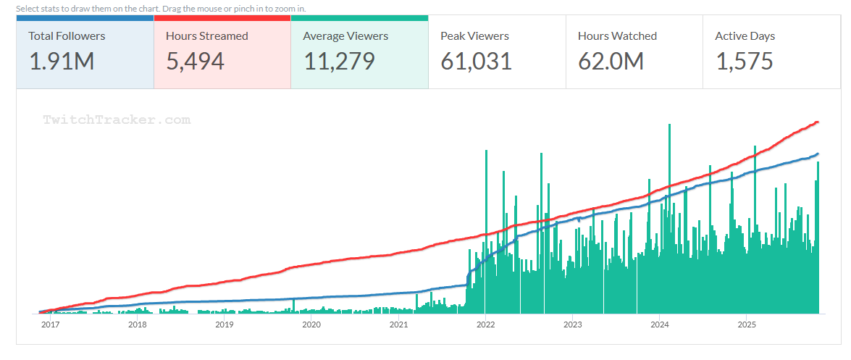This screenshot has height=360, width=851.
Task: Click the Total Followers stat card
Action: pyautogui.click(x=85, y=51)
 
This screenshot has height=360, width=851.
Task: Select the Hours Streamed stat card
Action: pyautogui.click(x=222, y=51)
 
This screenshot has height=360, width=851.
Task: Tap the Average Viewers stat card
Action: pyautogui.click(x=359, y=51)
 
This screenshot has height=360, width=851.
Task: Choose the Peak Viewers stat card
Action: pyautogui.click(x=497, y=51)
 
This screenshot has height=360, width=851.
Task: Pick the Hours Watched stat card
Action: pyautogui.click(x=634, y=51)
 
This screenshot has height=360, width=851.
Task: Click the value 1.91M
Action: pyautogui.click(x=62, y=62)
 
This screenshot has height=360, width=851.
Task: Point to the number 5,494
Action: pyautogui.click(x=195, y=62)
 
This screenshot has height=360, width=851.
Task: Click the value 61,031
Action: pyautogui.click(x=476, y=62)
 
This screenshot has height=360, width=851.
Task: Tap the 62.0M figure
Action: pyautogui.click(x=611, y=62)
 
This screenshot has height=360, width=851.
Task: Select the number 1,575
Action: pyautogui.click(x=745, y=62)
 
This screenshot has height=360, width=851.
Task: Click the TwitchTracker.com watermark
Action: pyautogui.click(x=117, y=120)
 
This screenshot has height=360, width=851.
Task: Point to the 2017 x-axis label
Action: pyautogui.click(x=50, y=325)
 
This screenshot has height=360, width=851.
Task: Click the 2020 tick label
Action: pyautogui.click(x=311, y=325)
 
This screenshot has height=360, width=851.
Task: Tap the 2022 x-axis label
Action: pyautogui.click(x=485, y=325)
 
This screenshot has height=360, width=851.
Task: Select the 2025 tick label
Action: pyautogui.click(x=747, y=325)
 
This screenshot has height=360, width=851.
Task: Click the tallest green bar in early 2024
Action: pyautogui.click(x=669, y=217)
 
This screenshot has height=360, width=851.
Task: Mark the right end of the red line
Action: pyautogui.click(x=817, y=122)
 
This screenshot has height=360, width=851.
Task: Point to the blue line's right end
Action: pyautogui.click(x=817, y=154)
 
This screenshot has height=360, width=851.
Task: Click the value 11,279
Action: pyautogui.click(x=339, y=62)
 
